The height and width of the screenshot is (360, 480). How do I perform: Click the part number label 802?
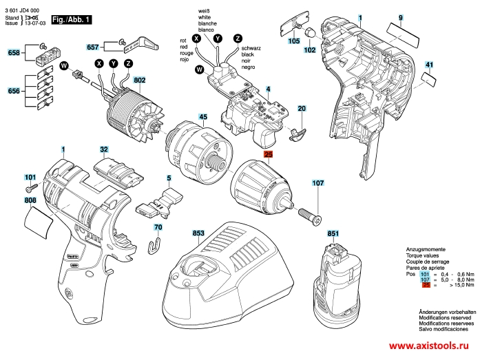pos(140,81)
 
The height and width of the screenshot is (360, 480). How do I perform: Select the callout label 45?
pos(203,117)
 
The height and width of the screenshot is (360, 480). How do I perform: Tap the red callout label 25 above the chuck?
pos(269,156)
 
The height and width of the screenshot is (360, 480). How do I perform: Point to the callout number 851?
pos(333,235)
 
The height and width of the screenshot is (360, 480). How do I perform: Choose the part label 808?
pos(30,200)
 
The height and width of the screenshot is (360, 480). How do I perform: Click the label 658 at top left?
pos(14,53)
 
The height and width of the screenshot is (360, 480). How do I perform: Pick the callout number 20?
pos(301,109)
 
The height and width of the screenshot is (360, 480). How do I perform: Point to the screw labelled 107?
pos(313,211)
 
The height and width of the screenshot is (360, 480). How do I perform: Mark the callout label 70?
pos(158,227)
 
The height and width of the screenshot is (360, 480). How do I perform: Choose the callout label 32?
pos(104,149)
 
